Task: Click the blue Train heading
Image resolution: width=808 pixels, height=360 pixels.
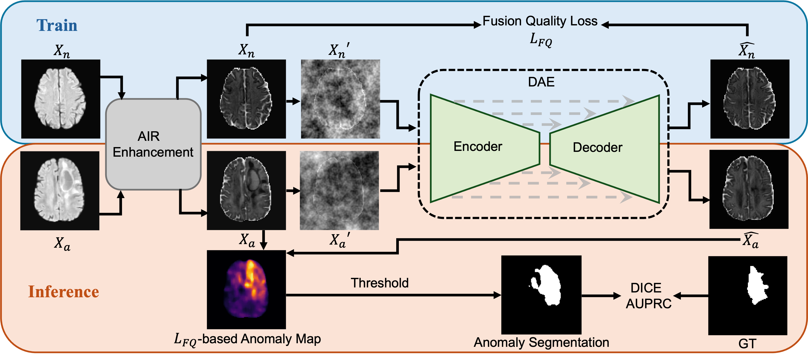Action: pos(57,25)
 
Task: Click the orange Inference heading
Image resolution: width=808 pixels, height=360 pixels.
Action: pos(64,292)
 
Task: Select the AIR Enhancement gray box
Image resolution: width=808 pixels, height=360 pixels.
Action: pos(153,144)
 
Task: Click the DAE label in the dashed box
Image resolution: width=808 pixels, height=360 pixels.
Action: pos(541,82)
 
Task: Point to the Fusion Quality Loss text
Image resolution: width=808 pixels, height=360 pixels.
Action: pos(539,21)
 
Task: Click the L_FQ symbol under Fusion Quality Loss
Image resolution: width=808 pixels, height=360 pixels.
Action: pos(540,40)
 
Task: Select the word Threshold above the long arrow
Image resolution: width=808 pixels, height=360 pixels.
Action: pos(379,283)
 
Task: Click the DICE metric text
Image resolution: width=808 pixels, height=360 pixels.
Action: pos(646,288)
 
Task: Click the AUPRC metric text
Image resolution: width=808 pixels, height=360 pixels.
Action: pos(648,303)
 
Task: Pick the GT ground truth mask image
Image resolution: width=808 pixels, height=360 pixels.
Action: pos(747,295)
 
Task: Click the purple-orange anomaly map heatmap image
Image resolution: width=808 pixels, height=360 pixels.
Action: pos(246,289)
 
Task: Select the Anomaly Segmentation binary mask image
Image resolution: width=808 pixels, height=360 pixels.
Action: pos(541,295)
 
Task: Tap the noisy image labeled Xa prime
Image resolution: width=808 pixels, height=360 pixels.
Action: pos(339,190)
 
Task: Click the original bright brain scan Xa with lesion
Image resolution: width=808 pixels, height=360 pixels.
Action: pos(60,190)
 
